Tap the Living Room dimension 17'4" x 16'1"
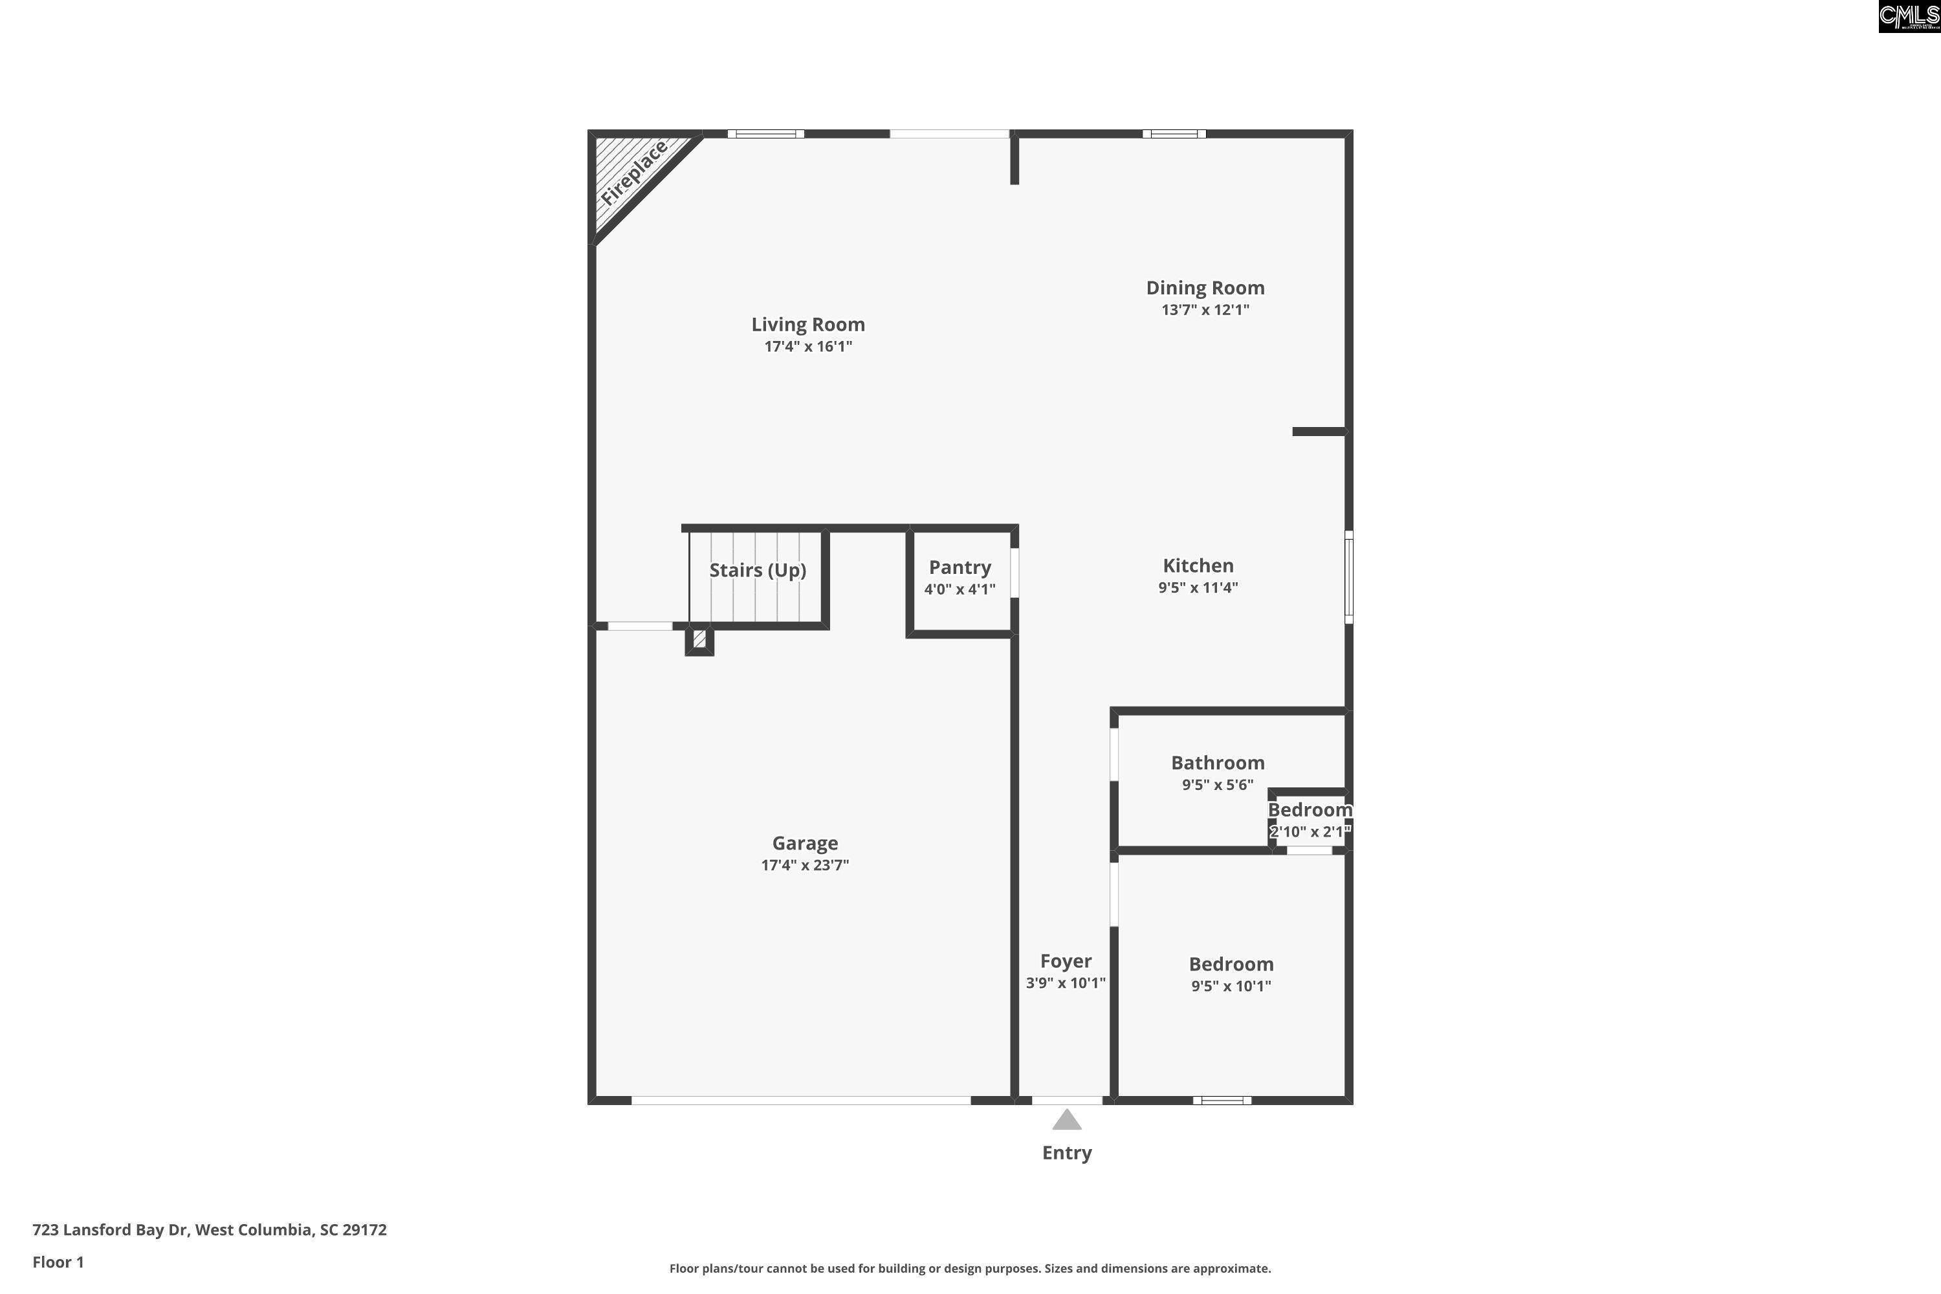(x=808, y=347)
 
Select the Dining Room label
(x=1205, y=288)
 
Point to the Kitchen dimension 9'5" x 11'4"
(x=1198, y=587)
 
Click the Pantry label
(x=960, y=568)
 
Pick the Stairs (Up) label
(x=758, y=570)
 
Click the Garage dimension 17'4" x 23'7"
(x=805, y=865)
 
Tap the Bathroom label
(x=1217, y=763)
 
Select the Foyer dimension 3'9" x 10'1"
(x=1066, y=983)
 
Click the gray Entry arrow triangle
(x=1066, y=1121)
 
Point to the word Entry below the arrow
(x=1066, y=1153)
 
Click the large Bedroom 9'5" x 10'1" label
(x=1231, y=965)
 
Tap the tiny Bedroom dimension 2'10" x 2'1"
(x=1310, y=832)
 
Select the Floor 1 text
(x=58, y=1262)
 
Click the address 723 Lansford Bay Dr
(x=209, y=1230)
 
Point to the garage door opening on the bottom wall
(x=800, y=1100)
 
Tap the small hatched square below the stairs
(x=699, y=639)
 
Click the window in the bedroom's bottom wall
(x=1222, y=1100)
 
